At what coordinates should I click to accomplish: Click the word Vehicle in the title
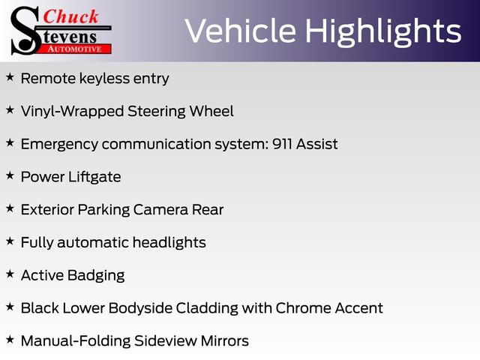tap(238, 31)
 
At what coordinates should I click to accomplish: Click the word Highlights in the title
tap(383, 31)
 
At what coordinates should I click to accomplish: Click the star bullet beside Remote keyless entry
tap(10, 77)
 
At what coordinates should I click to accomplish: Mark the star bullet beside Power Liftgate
tap(10, 175)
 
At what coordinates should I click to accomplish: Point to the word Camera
tap(160, 210)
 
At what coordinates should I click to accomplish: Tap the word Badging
tap(96, 275)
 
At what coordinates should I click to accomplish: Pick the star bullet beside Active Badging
tap(10, 274)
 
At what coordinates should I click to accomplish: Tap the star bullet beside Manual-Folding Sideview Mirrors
tap(10, 339)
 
